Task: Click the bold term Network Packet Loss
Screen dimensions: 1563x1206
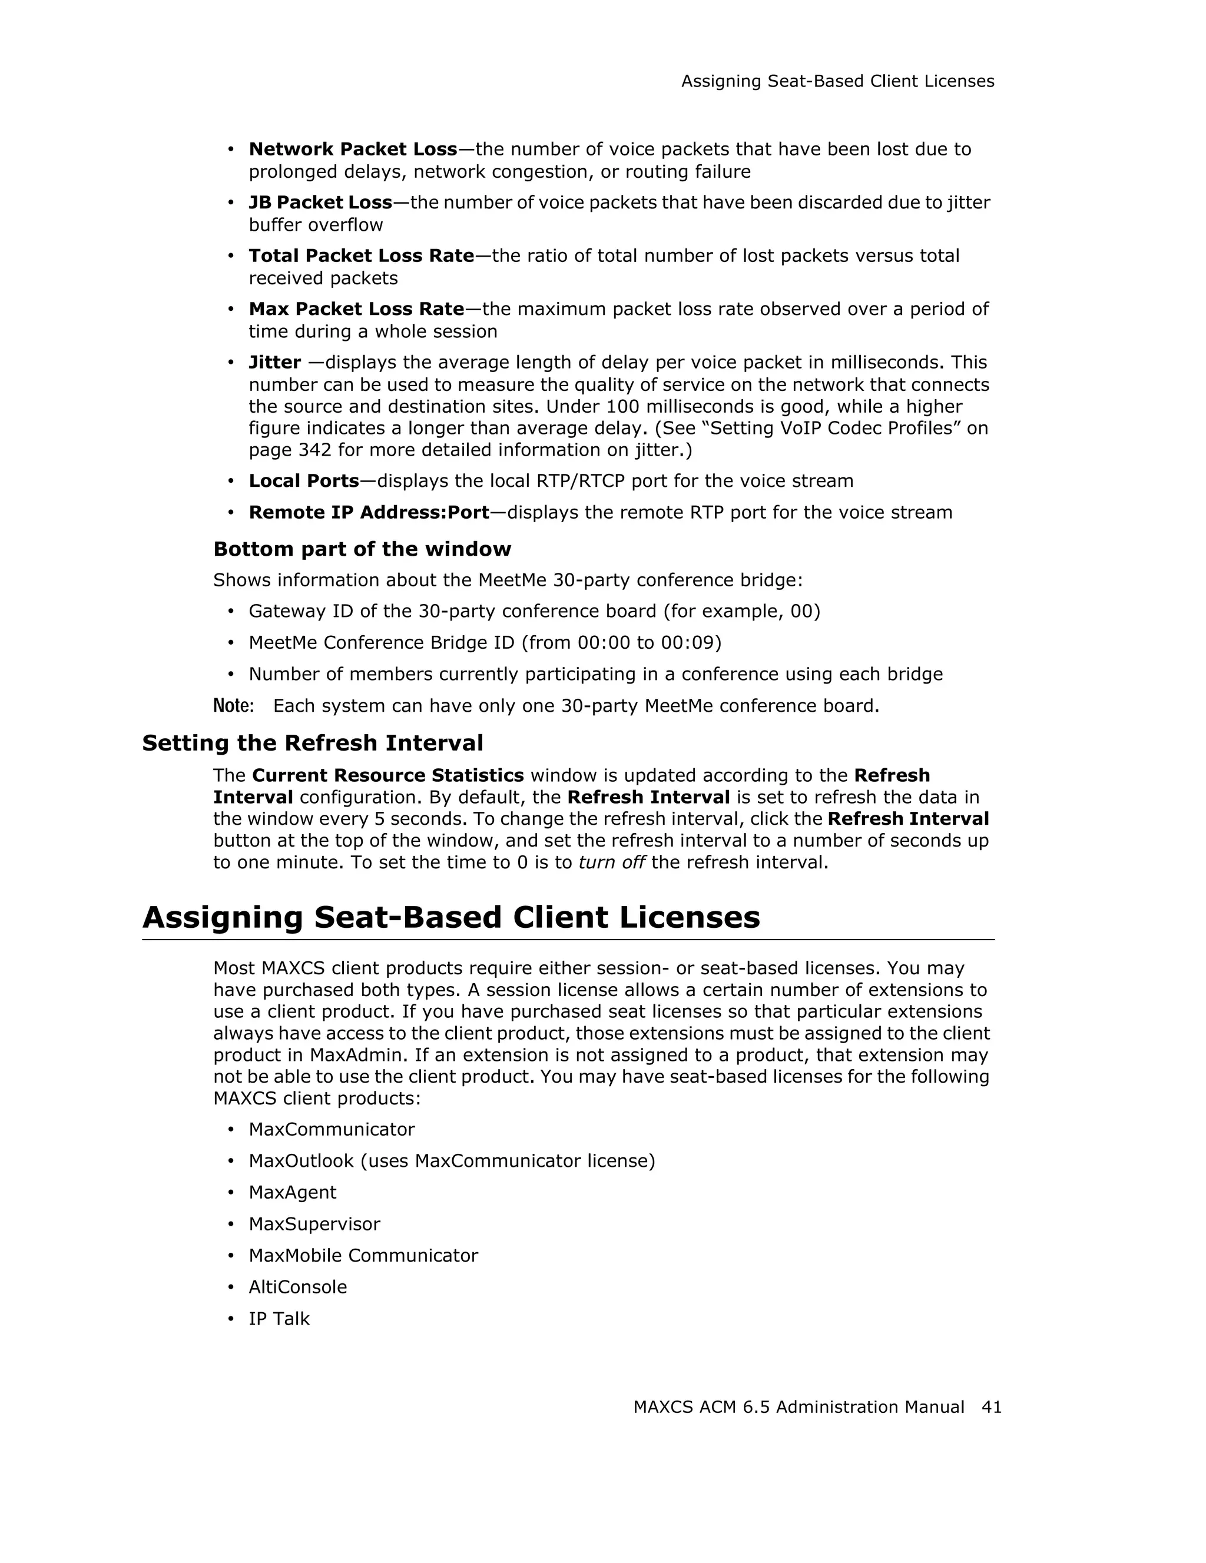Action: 353,149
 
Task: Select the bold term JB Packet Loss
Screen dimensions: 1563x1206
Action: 320,203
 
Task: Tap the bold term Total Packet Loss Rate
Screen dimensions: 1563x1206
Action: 362,255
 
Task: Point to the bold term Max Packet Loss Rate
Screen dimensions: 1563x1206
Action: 356,309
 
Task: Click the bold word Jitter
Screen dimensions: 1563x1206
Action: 274,362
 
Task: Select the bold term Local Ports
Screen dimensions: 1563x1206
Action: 303,481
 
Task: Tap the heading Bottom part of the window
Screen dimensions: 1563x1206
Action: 362,549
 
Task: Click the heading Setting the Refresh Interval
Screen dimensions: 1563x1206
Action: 313,743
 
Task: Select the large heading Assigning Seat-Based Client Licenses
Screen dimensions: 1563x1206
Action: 451,917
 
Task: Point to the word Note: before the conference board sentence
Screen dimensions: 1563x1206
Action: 233,706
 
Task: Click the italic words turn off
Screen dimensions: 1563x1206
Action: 612,862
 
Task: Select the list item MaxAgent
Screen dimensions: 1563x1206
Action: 292,1192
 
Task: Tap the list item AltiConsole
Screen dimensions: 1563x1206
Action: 298,1287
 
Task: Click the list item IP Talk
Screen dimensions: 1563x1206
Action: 279,1318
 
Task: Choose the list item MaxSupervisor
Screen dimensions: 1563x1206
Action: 314,1224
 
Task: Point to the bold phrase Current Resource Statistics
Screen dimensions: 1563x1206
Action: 388,776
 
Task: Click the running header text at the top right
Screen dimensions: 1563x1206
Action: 837,82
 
